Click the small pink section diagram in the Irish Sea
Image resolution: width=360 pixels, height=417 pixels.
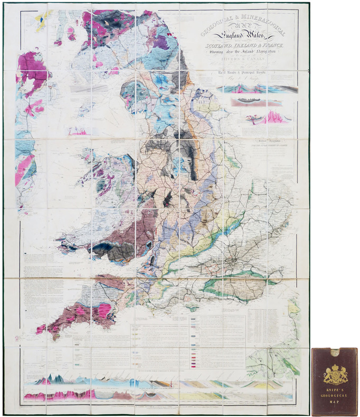[78, 131]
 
